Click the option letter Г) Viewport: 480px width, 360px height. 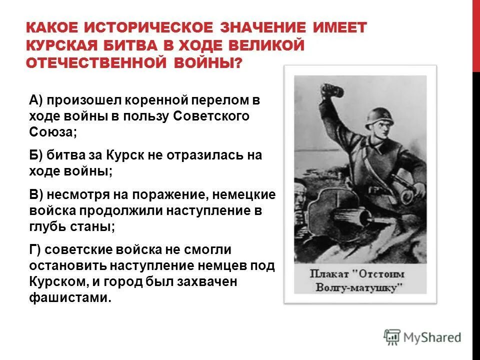point(35,249)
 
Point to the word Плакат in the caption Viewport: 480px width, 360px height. point(327,274)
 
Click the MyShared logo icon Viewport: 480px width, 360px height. point(392,336)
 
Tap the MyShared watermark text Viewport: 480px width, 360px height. point(432,337)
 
